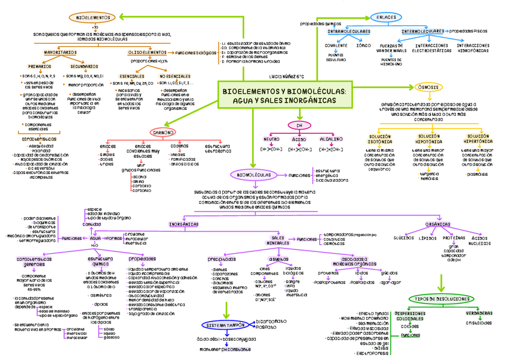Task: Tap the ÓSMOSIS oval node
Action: (427, 88)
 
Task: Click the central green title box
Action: (284, 95)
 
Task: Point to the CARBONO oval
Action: (163, 131)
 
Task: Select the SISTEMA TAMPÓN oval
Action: (223, 325)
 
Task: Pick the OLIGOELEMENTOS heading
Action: (147, 52)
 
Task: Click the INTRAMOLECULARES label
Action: (349, 31)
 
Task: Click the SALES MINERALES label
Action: (278, 239)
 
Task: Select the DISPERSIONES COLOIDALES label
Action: (411, 316)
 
